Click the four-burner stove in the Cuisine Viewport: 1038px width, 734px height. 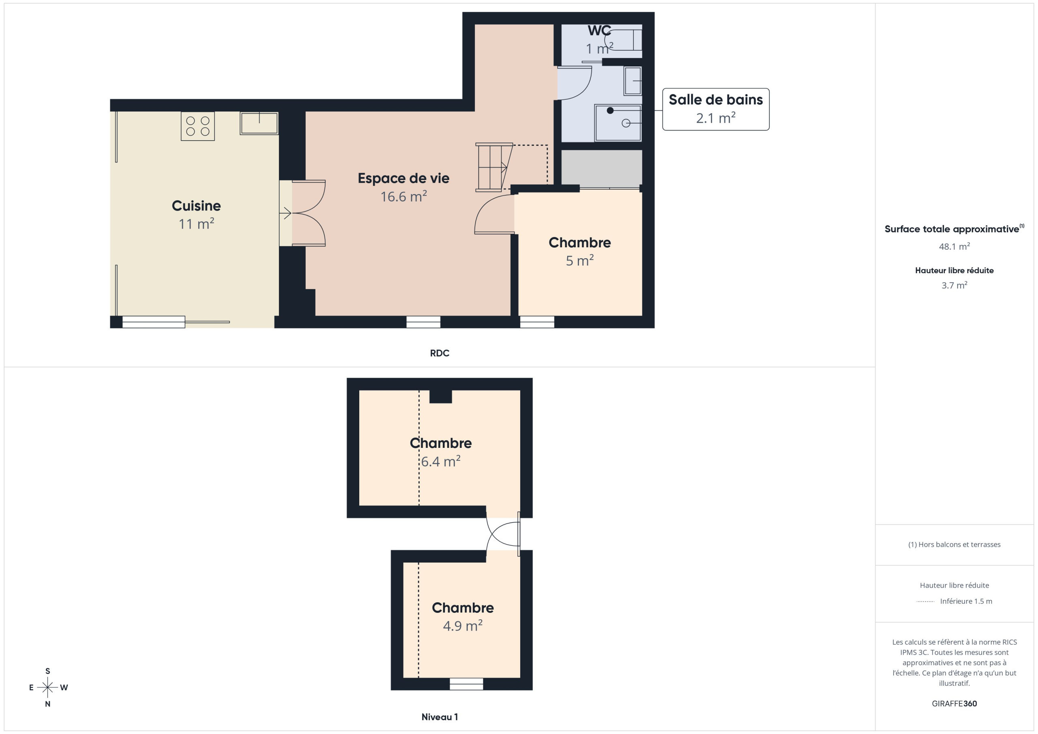click(x=197, y=126)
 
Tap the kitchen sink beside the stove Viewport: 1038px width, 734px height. click(x=259, y=123)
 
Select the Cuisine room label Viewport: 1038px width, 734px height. click(x=196, y=205)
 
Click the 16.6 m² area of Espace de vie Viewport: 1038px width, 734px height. click(x=404, y=197)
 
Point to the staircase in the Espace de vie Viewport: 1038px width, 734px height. click(x=494, y=167)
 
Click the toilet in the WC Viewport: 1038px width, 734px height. click(x=624, y=40)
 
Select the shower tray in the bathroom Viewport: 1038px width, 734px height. click(x=618, y=123)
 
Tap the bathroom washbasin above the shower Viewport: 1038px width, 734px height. click(x=633, y=81)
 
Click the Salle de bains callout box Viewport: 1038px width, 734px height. click(x=716, y=109)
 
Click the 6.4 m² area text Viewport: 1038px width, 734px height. click(x=441, y=462)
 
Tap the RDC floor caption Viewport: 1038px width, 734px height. click(x=440, y=353)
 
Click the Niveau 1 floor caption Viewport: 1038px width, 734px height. click(x=440, y=717)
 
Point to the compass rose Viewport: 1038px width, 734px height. click(x=47, y=687)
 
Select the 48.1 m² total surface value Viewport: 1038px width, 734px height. click(x=954, y=246)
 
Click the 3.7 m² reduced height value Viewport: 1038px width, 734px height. click(x=954, y=285)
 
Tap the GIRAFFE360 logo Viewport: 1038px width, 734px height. click(x=954, y=704)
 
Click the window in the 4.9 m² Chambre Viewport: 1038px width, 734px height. click(x=467, y=684)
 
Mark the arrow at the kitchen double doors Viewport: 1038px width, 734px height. click(x=285, y=212)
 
